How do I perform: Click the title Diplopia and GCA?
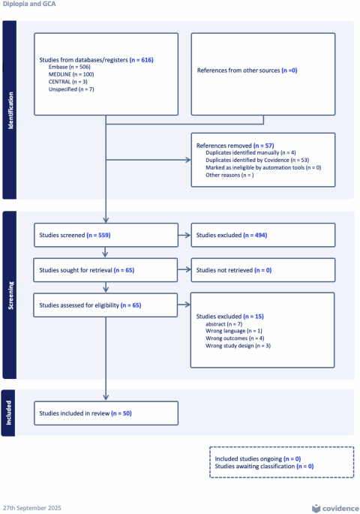click(x=29, y=4)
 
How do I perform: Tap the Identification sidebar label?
click(x=10, y=110)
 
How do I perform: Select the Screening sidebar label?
click(x=10, y=296)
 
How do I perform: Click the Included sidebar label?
click(x=9, y=413)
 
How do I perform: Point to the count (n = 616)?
click(x=142, y=60)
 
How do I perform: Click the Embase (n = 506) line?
click(x=70, y=67)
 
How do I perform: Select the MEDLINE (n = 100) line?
click(x=71, y=74)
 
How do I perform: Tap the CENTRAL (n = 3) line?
click(x=67, y=82)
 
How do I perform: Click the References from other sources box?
click(x=263, y=74)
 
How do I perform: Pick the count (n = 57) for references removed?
click(x=264, y=146)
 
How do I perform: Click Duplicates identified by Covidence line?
click(x=257, y=160)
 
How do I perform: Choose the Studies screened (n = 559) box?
click(x=106, y=235)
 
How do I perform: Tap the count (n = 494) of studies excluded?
click(x=255, y=235)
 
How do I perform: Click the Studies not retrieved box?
click(x=263, y=270)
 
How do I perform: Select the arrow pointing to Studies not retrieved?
click(x=184, y=269)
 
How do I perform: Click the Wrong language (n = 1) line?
click(x=234, y=331)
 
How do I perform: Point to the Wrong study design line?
click(x=238, y=346)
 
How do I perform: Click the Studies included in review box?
click(x=106, y=413)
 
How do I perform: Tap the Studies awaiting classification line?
click(x=264, y=466)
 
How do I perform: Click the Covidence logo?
click(x=335, y=508)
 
